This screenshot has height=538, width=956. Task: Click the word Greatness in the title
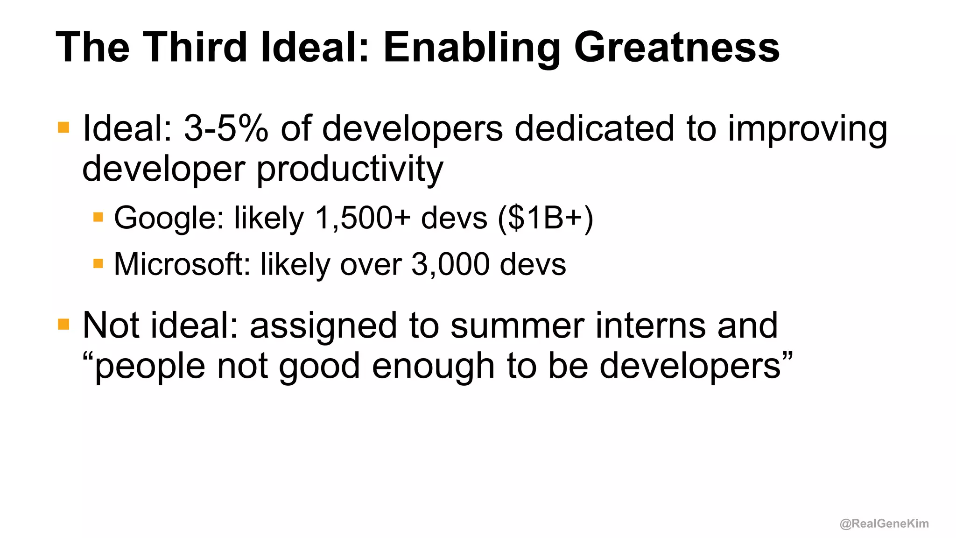coord(676,48)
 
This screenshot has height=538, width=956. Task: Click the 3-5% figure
coord(226,128)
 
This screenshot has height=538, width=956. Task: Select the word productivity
coord(350,169)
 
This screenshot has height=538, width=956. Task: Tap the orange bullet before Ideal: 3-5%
coord(63,127)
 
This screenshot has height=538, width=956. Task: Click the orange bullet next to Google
coord(98,217)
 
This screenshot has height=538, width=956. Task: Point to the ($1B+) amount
coord(545,218)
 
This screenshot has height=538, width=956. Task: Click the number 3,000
coord(450,264)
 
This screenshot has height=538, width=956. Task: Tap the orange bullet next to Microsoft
coord(98,264)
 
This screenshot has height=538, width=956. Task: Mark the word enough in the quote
coord(433,367)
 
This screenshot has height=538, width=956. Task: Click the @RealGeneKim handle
coord(884,524)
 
